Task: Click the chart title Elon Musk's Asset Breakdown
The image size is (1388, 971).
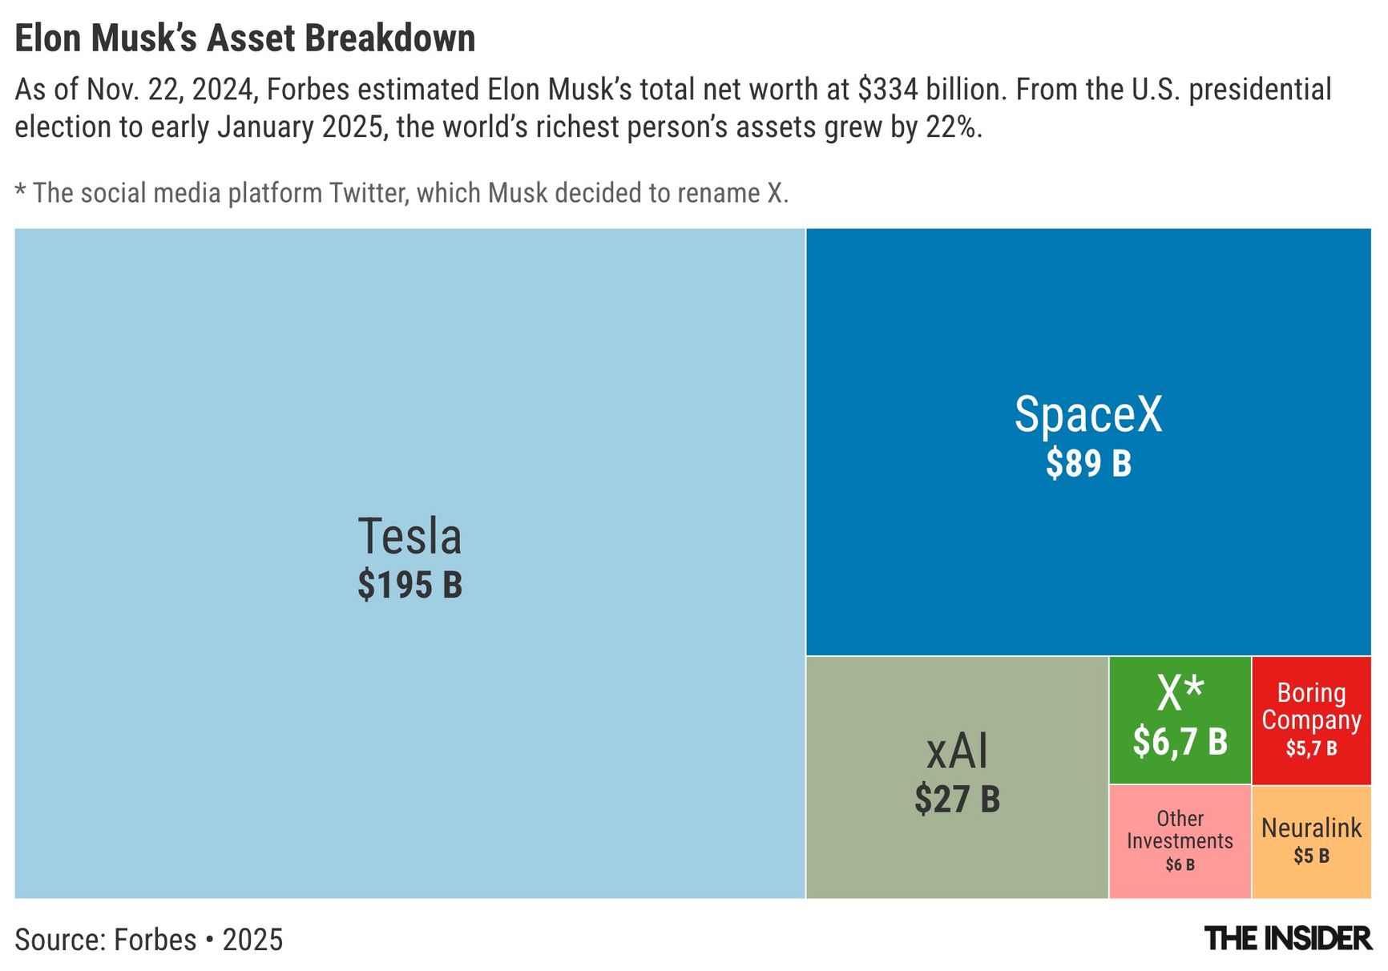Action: point(245,38)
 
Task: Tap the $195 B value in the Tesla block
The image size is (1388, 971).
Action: point(410,585)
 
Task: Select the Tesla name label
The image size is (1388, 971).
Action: point(410,536)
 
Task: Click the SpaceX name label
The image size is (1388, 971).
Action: point(1087,414)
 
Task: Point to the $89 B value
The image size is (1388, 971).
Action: point(1088,464)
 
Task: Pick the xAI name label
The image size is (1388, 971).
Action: point(957,751)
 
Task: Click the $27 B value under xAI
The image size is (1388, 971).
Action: point(957,800)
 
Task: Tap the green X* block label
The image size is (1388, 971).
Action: point(1180,693)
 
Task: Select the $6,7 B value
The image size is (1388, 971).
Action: point(1180,742)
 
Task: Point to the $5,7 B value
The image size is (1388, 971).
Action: point(1311,748)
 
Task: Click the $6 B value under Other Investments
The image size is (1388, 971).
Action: point(1180,865)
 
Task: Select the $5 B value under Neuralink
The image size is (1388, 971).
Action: point(1311,856)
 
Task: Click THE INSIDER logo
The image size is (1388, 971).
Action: point(1287,939)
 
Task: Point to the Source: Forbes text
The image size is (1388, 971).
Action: point(105,940)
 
